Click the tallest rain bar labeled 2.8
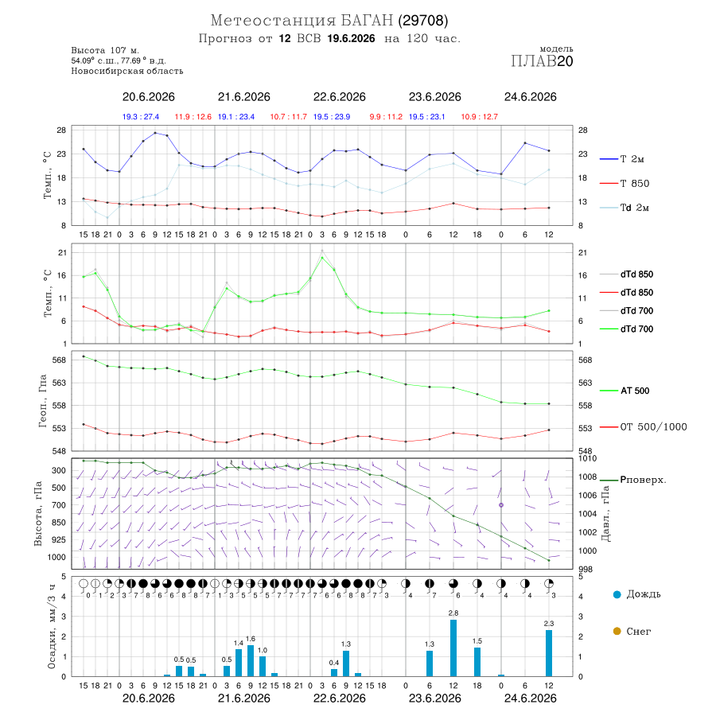tap(453, 648)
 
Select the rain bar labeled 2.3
tap(549, 653)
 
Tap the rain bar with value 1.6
tap(251, 660)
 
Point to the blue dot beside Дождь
tap(617, 594)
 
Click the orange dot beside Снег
tap(617, 631)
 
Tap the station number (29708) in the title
tap(423, 21)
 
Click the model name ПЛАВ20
tap(542, 61)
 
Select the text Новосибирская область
tap(127, 71)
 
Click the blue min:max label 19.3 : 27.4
tap(141, 117)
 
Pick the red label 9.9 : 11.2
tap(386, 117)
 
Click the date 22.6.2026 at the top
tap(339, 97)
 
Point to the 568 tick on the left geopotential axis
tap(60, 360)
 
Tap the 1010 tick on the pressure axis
tap(587, 458)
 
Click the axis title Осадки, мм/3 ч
tap(52, 627)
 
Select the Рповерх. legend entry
tap(633, 480)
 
